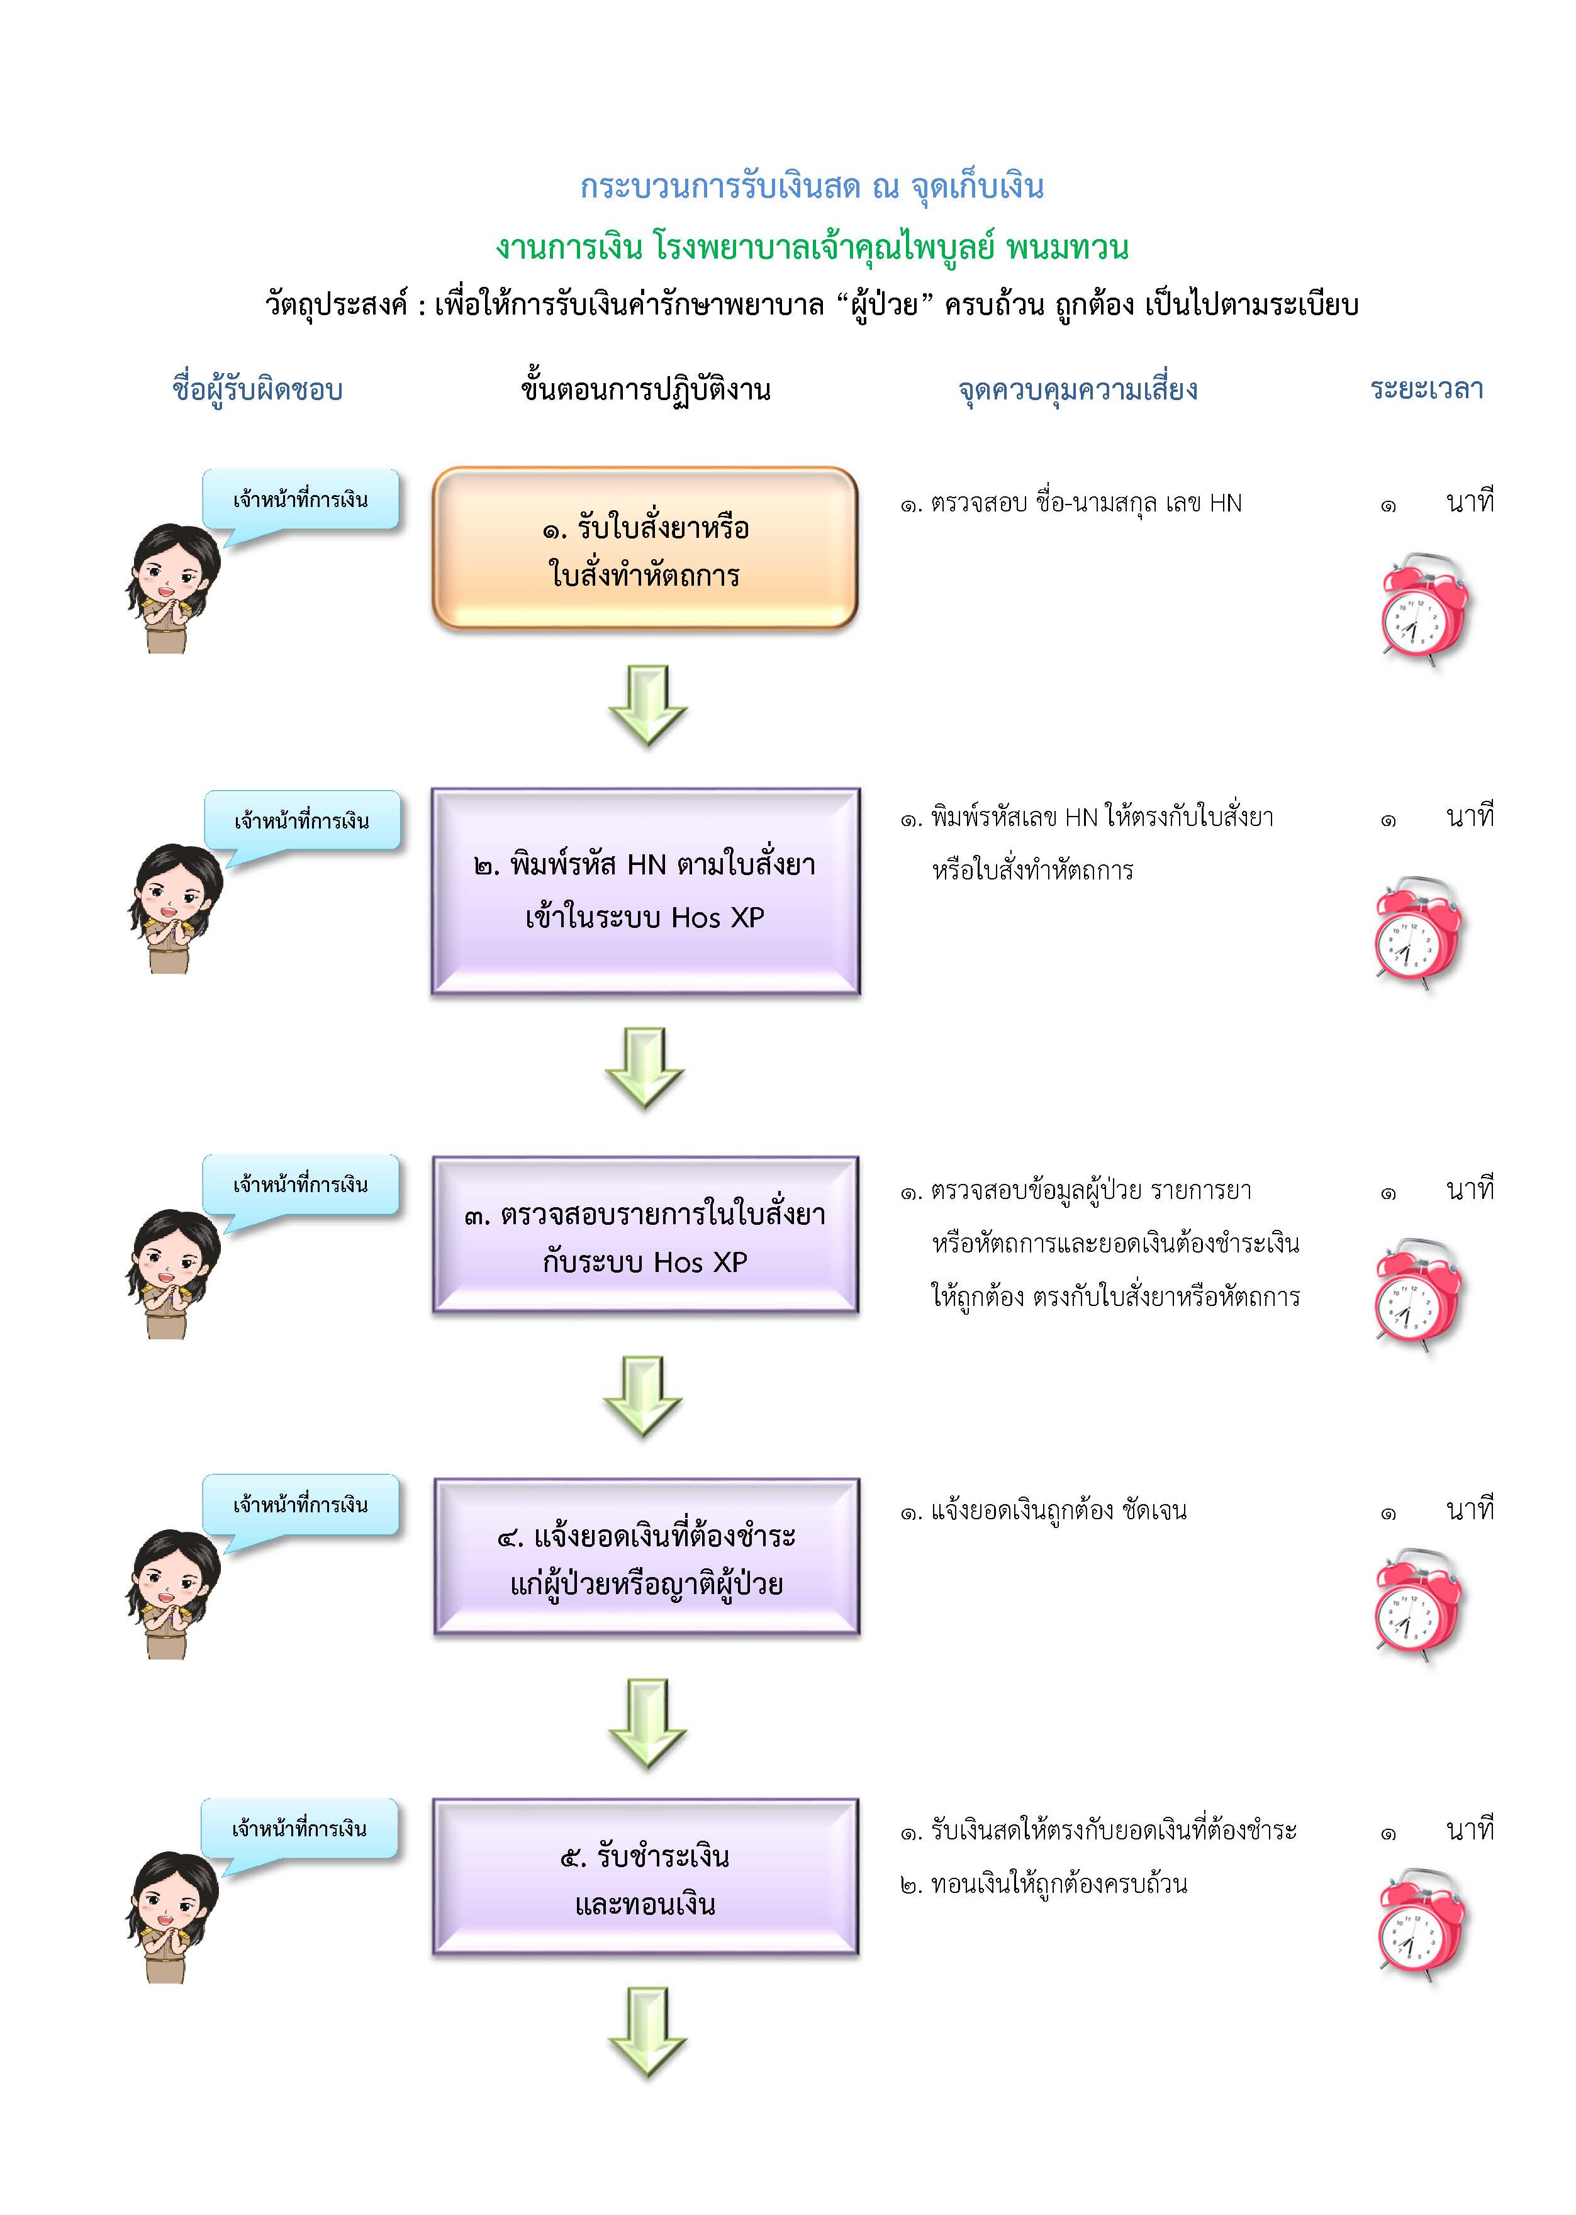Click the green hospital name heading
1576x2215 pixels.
coord(812,248)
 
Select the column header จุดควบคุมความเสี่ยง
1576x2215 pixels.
coord(1077,390)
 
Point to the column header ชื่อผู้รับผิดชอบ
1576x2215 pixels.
coord(257,390)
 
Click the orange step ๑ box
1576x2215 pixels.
coord(645,550)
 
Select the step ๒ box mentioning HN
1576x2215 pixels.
coord(645,891)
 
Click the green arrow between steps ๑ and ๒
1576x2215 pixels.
coord(647,705)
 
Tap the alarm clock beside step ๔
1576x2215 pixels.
coord(1417,1604)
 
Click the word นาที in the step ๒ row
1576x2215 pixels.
coord(1469,817)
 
